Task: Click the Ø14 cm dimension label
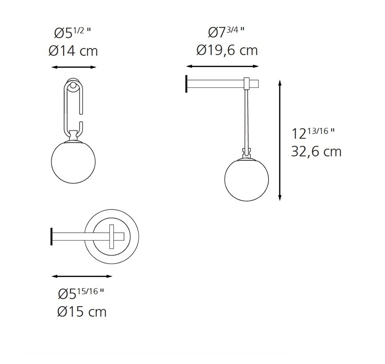[73, 51]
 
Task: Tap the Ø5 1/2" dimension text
[73, 33]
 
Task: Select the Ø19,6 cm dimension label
[227, 50]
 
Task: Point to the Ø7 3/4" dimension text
[226, 32]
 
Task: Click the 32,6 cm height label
[316, 152]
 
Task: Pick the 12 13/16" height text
[313, 133]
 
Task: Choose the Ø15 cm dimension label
[82, 312]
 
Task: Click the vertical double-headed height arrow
[280, 140]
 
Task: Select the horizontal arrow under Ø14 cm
[74, 67]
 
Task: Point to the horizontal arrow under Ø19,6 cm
[222, 67]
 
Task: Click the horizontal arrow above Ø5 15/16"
[82, 276]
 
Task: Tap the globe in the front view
[74, 161]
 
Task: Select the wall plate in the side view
[187, 83]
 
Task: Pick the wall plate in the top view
[52, 236]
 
